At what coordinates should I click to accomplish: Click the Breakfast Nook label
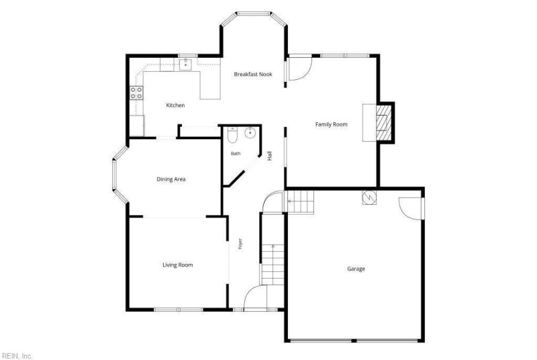[x=253, y=74]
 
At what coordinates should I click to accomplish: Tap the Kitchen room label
[x=175, y=105]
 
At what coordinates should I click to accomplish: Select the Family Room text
[x=331, y=124]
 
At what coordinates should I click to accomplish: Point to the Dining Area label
[x=171, y=179]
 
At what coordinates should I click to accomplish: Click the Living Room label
[x=177, y=265]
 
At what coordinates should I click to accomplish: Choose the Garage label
[x=356, y=269]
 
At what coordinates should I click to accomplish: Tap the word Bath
[x=236, y=153]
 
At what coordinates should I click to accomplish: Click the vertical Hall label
[x=270, y=156]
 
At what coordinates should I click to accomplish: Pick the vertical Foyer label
[x=240, y=244]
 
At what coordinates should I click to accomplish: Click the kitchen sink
[x=185, y=64]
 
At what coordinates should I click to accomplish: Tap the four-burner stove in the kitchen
[x=136, y=93]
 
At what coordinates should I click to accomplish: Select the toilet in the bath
[x=232, y=135]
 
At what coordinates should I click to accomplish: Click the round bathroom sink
[x=250, y=133]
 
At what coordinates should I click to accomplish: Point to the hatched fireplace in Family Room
[x=383, y=122]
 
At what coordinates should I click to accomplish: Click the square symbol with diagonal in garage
[x=369, y=197]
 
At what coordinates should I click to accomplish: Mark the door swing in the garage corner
[x=411, y=208]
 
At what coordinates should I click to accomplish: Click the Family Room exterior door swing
[x=299, y=69]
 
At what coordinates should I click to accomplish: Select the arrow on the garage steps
[x=291, y=201]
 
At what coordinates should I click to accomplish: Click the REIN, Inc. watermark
[x=17, y=356]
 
